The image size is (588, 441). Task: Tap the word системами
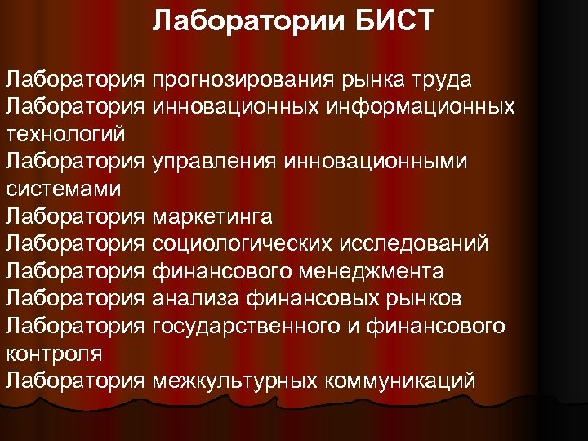[x=63, y=189]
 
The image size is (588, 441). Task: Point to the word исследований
[x=417, y=244]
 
